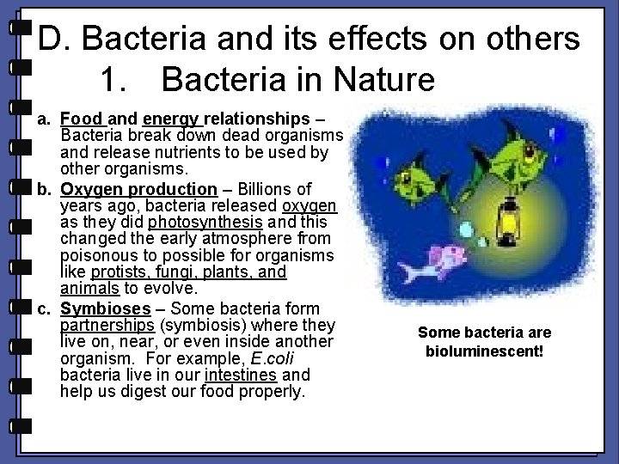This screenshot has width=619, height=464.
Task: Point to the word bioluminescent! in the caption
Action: coord(485,351)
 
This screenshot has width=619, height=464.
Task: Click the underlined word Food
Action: coord(82,119)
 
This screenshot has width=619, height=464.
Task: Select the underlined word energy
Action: coord(172,119)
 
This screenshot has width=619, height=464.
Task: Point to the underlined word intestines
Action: coord(240,375)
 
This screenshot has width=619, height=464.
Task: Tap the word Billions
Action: coord(261,188)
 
